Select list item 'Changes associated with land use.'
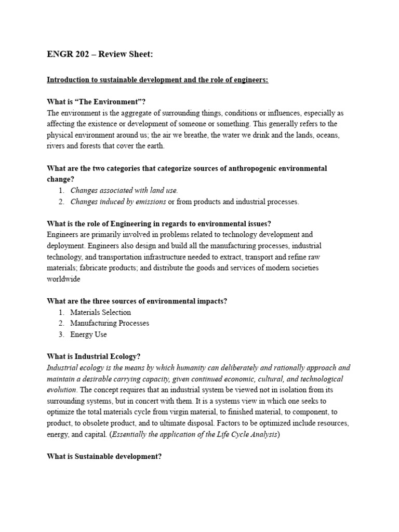(x=124, y=191)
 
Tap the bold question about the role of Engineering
(x=159, y=224)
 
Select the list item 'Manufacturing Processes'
(x=110, y=323)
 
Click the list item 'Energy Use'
(x=88, y=335)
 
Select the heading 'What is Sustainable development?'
(x=104, y=456)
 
